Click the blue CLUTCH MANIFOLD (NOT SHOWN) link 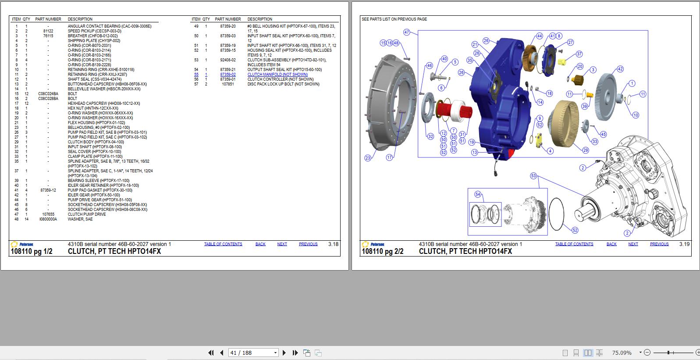point(277,75)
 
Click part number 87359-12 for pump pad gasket point(48,190)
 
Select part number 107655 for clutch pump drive point(48,214)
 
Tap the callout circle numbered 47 point(407,32)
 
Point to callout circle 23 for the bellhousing point(368,158)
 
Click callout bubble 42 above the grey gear point(620,69)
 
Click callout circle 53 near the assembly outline point(533,176)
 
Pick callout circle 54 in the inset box point(478,194)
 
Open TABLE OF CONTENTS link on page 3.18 point(223,244)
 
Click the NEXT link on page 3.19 point(633,244)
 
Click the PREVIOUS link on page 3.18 point(308,244)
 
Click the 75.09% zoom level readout point(622,353)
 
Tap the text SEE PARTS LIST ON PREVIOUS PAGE point(394,19)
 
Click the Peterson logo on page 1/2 point(22,244)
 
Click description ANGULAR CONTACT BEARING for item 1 point(109,26)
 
